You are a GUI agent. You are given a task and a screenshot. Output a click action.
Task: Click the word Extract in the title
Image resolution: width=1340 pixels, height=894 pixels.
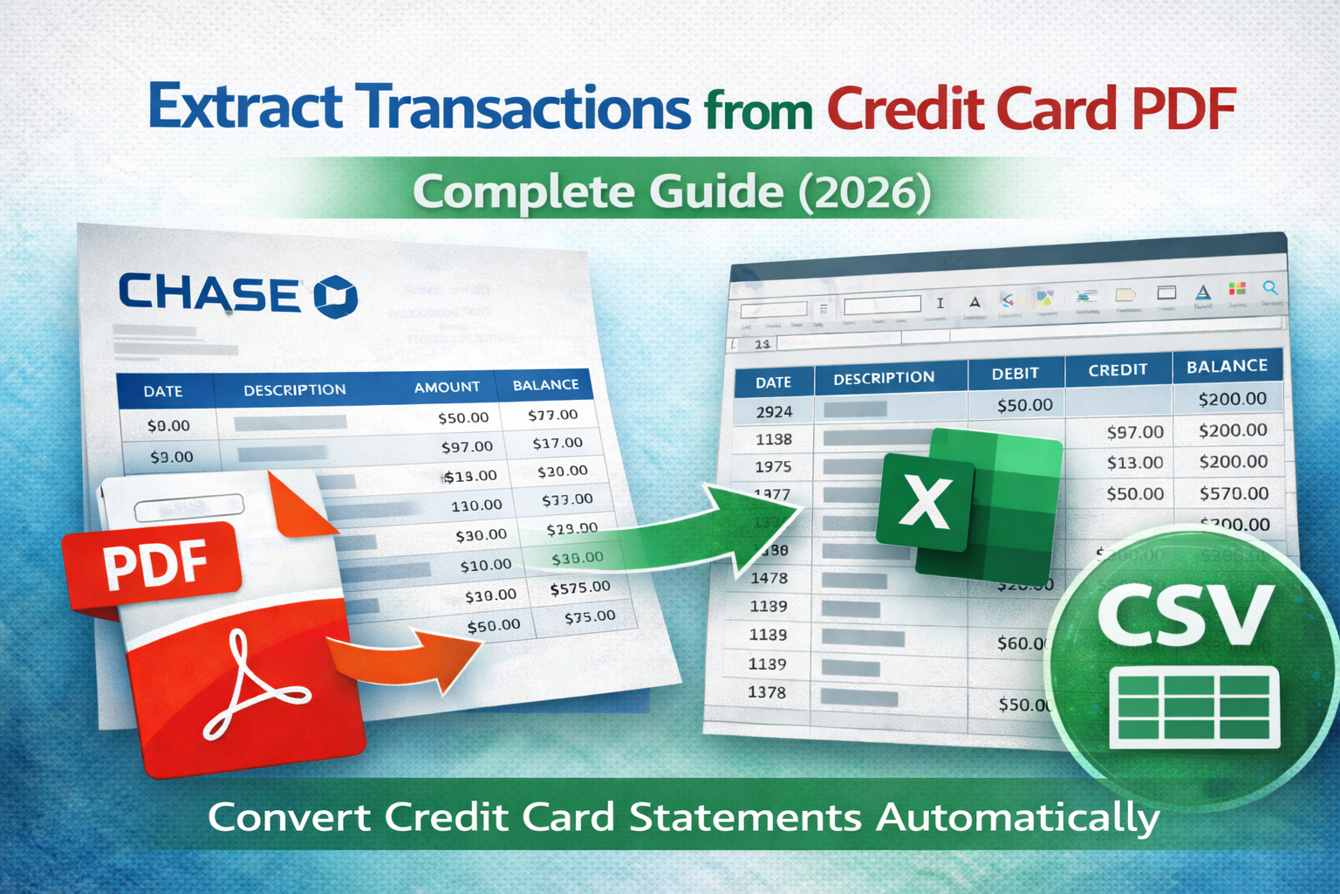[x=247, y=108]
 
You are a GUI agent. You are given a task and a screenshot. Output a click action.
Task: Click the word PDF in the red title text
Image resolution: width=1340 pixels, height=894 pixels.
[x=1184, y=108]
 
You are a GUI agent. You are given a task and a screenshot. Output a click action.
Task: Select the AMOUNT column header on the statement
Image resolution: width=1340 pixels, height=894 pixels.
[x=447, y=387]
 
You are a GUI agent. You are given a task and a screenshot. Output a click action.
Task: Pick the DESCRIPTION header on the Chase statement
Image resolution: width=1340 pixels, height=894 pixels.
[x=294, y=389]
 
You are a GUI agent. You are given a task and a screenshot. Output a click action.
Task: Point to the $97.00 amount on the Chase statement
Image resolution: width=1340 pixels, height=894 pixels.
[x=467, y=447]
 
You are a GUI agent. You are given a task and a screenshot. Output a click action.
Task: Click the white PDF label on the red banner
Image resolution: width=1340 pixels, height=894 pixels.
[x=155, y=563]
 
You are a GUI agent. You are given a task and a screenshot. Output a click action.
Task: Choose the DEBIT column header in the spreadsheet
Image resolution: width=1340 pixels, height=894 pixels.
[x=1015, y=374]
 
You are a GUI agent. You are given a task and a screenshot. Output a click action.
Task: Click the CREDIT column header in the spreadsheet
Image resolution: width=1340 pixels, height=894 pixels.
[x=1118, y=370]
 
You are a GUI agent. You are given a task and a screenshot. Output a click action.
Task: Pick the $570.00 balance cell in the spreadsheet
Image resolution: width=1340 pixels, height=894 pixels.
[x=1234, y=493]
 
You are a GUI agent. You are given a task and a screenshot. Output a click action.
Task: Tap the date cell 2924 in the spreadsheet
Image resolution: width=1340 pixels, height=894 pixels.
[x=774, y=411]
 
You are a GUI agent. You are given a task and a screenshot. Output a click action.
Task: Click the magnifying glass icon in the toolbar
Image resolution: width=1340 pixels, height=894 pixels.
[x=1270, y=288]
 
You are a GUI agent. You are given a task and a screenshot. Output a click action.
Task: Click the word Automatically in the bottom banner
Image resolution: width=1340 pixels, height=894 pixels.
[x=1018, y=818]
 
